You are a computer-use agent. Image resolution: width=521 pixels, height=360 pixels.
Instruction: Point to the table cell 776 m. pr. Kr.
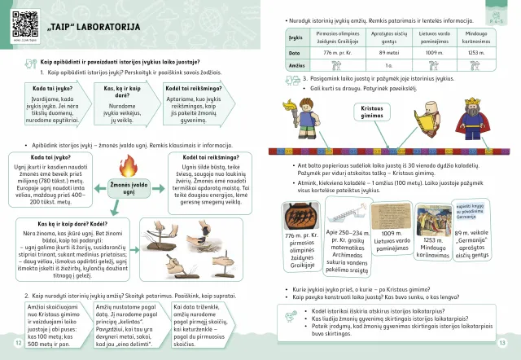click(327, 51)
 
